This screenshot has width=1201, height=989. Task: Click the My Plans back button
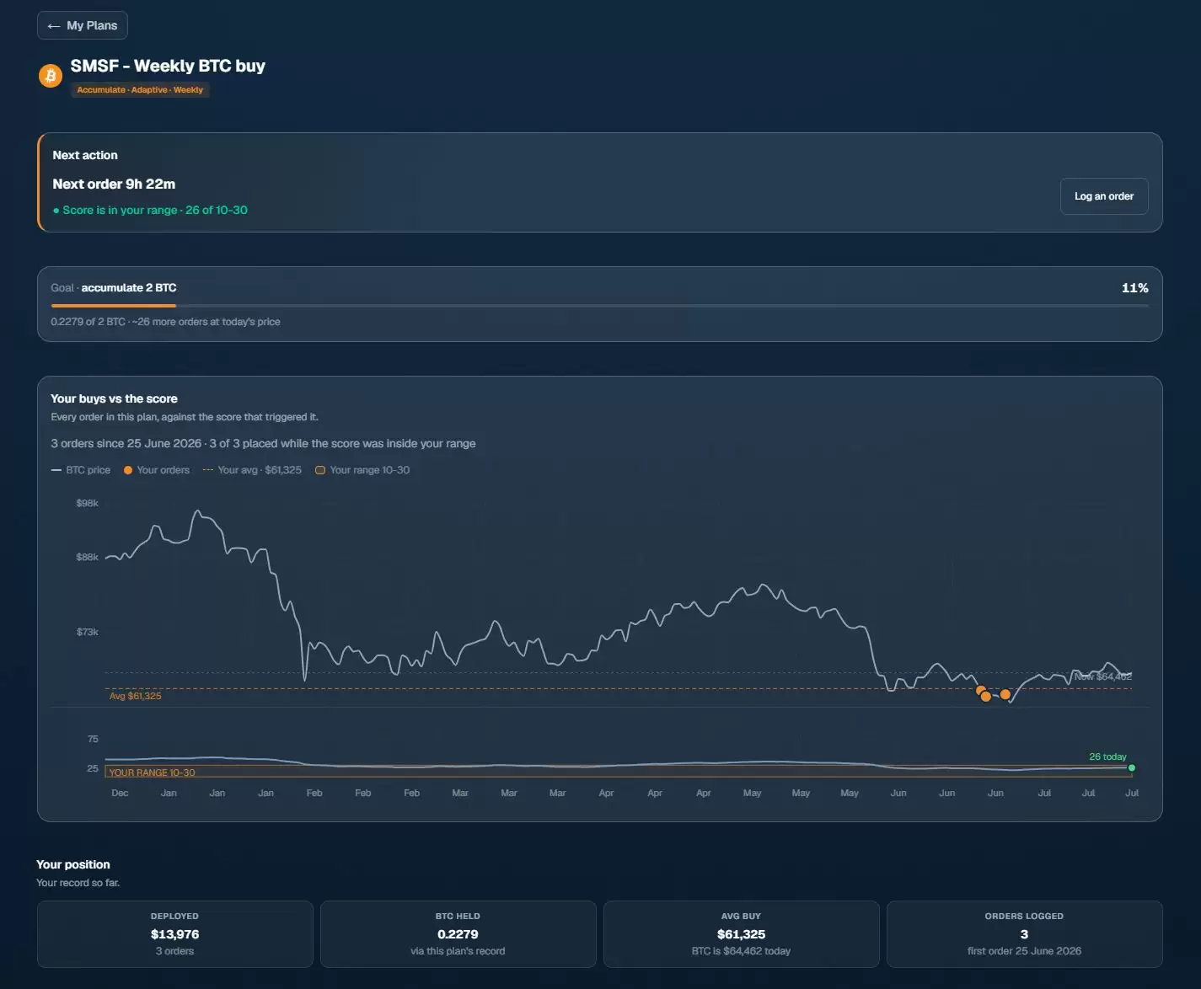(83, 25)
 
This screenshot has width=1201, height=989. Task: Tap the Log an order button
(1104, 196)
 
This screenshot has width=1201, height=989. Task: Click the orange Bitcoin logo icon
(51, 75)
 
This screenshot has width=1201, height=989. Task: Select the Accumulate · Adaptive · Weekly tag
(140, 89)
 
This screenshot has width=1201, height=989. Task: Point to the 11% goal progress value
(1134, 287)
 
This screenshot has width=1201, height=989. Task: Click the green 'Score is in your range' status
(150, 210)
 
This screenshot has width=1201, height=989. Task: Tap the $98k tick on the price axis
(87, 503)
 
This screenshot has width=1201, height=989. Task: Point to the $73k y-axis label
(87, 632)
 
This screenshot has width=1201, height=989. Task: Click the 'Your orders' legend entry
(157, 470)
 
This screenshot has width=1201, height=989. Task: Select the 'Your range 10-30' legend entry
(362, 470)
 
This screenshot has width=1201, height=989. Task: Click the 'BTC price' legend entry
(81, 470)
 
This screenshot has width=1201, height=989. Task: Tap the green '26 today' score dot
(1131, 767)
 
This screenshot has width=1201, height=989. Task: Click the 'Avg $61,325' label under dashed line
(135, 696)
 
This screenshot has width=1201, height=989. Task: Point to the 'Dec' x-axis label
(120, 793)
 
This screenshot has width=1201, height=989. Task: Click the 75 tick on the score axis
(93, 739)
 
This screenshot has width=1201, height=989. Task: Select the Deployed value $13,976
(174, 934)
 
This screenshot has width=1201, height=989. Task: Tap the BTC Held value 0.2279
(458, 934)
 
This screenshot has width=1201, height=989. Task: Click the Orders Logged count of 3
(1024, 934)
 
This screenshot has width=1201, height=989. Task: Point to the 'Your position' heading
(73, 864)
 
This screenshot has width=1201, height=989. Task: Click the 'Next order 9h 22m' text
(114, 184)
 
